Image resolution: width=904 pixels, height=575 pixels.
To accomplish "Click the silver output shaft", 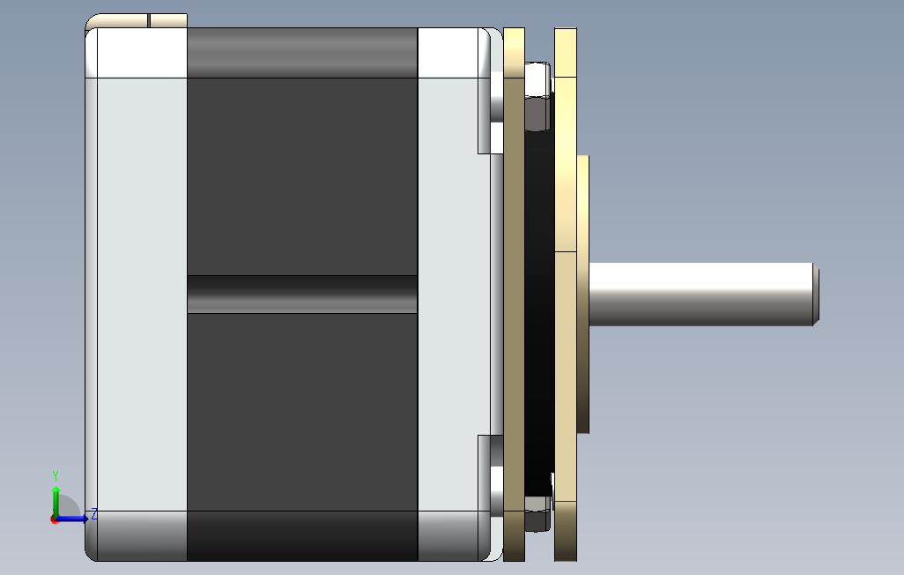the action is point(703,294).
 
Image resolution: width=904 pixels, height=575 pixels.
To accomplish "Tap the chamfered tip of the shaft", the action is point(817,294).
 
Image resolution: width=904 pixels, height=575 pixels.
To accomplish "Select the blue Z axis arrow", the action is point(71,519).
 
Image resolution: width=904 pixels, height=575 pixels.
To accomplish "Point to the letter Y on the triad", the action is point(56,475).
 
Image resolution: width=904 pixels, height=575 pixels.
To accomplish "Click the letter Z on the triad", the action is point(93,514).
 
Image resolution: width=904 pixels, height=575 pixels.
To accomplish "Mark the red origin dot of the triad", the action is point(55,520).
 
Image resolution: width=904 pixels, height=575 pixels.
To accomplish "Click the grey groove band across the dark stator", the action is point(302,295).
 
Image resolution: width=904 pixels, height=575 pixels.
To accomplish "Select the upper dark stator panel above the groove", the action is point(302,176).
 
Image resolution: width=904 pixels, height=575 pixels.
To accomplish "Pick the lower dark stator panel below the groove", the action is point(302,412).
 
